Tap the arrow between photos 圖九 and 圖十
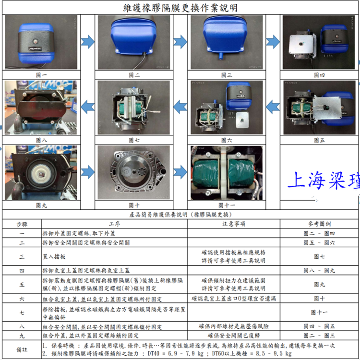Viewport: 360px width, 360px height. pos(88,171)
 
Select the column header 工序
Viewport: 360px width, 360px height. pos(114,224)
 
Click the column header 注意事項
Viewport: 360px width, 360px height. pos(234,224)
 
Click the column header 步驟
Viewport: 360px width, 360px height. pos(22,224)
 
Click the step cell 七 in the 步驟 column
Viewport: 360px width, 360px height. pos(22,312)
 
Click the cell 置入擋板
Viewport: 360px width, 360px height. pos(53,257)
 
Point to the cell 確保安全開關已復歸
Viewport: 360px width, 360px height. pos(234,335)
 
